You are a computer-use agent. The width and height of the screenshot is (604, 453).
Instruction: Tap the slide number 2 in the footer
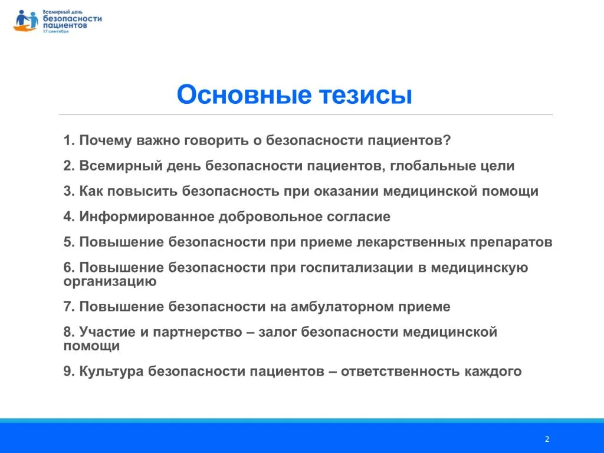[x=547, y=439]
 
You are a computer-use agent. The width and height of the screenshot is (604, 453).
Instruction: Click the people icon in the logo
[x=26, y=21]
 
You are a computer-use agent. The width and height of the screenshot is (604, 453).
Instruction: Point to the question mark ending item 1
[x=447, y=140]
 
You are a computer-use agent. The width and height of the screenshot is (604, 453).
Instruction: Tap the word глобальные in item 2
[x=432, y=166]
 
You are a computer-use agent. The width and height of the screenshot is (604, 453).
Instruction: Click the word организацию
[x=110, y=281]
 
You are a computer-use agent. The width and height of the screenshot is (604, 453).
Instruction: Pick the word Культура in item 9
[x=111, y=371]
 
